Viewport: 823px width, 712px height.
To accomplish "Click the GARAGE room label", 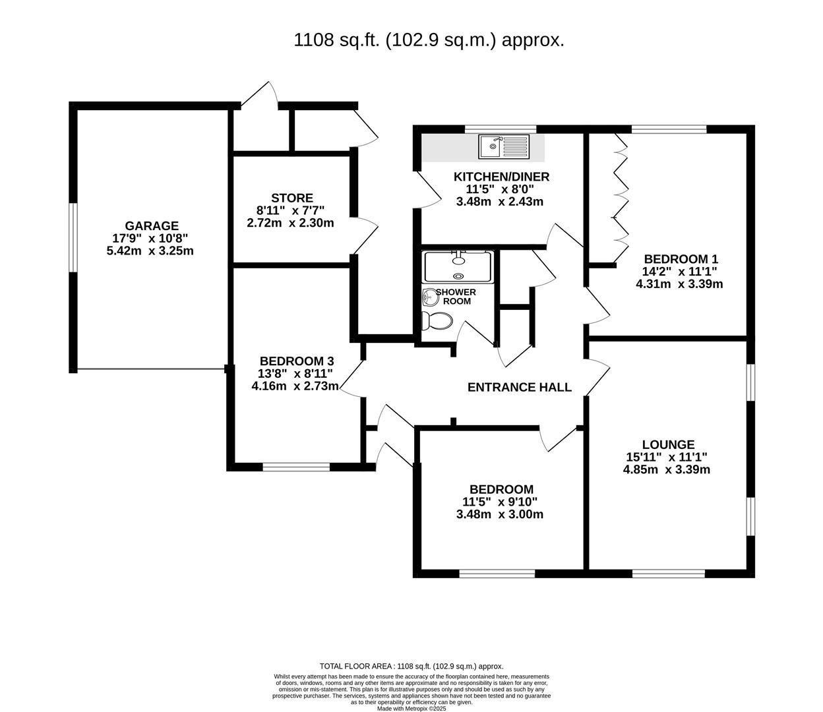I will click(152, 226).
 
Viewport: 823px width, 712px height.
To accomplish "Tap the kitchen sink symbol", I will click(504, 146).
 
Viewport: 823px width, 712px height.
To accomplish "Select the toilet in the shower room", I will click(437, 321).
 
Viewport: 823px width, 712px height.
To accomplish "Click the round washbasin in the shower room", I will click(430, 297).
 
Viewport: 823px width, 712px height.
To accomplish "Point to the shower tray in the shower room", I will click(458, 266).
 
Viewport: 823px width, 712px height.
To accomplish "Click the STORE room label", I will click(291, 198).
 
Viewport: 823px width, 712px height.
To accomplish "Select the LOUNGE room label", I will click(668, 445).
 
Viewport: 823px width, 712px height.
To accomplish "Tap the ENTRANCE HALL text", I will click(519, 388).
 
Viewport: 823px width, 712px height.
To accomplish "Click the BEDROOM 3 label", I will click(297, 361).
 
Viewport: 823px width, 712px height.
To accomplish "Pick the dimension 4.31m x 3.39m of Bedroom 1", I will click(679, 284).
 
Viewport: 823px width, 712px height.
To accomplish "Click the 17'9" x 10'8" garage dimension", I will click(152, 239).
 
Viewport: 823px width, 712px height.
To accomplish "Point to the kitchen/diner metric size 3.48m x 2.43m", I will click(499, 202).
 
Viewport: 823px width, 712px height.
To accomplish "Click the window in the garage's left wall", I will click(73, 237).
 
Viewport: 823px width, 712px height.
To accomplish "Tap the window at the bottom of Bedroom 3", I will click(296, 467).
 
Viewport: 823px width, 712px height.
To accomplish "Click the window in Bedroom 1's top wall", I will click(669, 129).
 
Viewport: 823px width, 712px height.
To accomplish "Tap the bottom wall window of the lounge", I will click(668, 573).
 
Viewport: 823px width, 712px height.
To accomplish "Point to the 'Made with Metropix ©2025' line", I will click(411, 709).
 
